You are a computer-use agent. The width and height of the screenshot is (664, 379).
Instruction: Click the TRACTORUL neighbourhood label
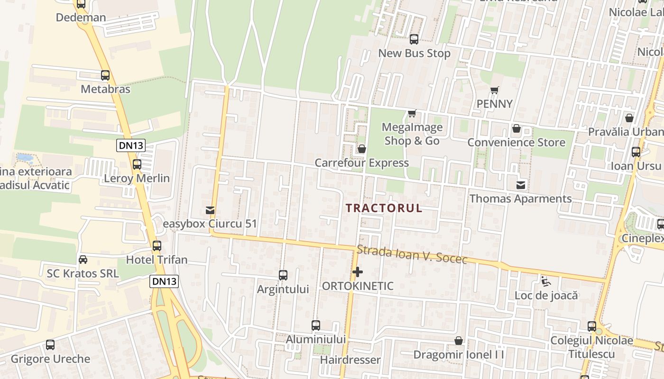(384, 208)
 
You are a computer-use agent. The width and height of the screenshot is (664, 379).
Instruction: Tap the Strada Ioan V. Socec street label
(412, 254)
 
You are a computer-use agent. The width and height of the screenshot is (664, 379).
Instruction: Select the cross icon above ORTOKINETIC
(358, 272)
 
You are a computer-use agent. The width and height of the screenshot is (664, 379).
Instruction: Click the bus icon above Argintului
(283, 275)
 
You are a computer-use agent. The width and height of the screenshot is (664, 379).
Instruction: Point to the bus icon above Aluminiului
(316, 325)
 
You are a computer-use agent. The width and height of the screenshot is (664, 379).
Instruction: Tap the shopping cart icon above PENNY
(495, 90)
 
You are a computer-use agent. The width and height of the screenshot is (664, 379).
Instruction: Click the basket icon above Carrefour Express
(362, 149)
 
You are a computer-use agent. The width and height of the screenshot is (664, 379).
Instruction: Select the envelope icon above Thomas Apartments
(521, 185)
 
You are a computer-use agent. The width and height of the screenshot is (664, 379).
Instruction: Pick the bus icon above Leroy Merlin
(137, 164)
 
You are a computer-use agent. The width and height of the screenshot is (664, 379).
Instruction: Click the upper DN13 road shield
(131, 145)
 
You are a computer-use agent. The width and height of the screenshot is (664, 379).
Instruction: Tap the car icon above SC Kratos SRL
(83, 260)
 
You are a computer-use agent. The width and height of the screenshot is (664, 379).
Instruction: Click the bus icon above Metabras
(105, 75)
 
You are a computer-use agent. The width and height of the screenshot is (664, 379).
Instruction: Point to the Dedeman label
(81, 18)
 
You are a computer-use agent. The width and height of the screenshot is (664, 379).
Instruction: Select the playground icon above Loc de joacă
(546, 281)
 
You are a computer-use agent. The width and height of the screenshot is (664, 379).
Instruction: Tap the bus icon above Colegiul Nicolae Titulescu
(592, 326)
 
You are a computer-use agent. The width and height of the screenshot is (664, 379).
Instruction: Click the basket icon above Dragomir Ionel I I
(459, 341)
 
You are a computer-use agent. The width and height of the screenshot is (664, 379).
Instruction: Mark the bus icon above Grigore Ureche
(50, 345)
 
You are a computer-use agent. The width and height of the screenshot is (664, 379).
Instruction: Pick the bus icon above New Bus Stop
(414, 39)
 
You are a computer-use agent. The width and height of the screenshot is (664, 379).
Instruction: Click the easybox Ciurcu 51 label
(210, 223)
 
